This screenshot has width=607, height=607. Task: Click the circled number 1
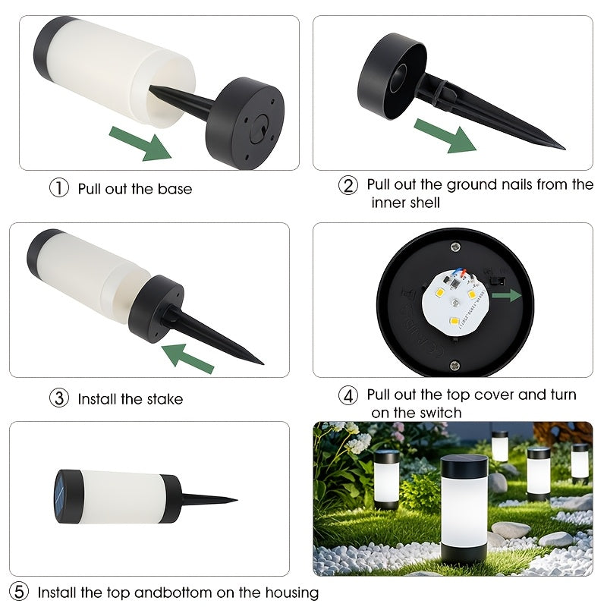pos(59,187)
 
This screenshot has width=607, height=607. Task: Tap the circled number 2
pos(348,185)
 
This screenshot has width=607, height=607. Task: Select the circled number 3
pos(59,398)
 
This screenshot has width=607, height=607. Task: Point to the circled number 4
pos(348,395)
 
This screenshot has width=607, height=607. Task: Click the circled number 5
pos(18,592)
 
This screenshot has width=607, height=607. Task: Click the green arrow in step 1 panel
pos(140,143)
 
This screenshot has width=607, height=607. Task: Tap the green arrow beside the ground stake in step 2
pos(445,136)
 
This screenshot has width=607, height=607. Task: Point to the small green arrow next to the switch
pos(507,295)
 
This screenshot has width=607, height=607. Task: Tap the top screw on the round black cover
pos(455,246)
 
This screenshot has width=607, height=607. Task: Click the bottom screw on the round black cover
pos(455,364)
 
